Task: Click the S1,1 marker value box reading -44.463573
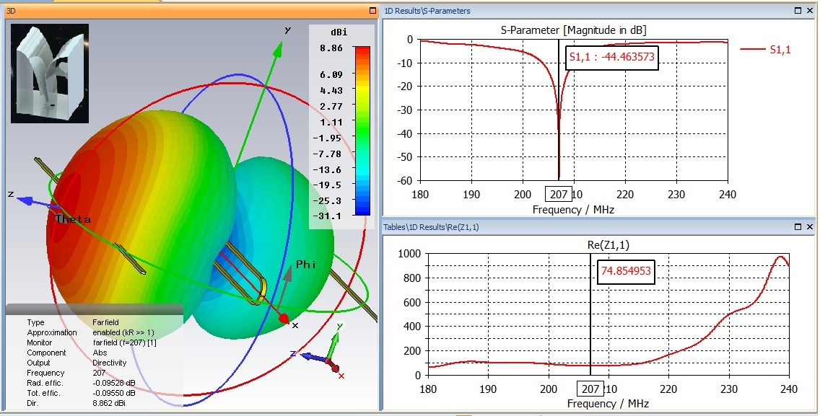click(x=611, y=57)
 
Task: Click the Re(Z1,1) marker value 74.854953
click(x=626, y=273)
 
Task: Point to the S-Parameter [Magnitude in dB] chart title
click(x=573, y=30)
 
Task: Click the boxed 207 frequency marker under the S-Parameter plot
click(x=558, y=195)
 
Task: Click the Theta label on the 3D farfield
click(x=73, y=218)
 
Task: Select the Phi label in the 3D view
click(x=306, y=265)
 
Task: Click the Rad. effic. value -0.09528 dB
click(x=114, y=383)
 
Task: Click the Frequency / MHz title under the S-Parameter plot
click(x=573, y=209)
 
